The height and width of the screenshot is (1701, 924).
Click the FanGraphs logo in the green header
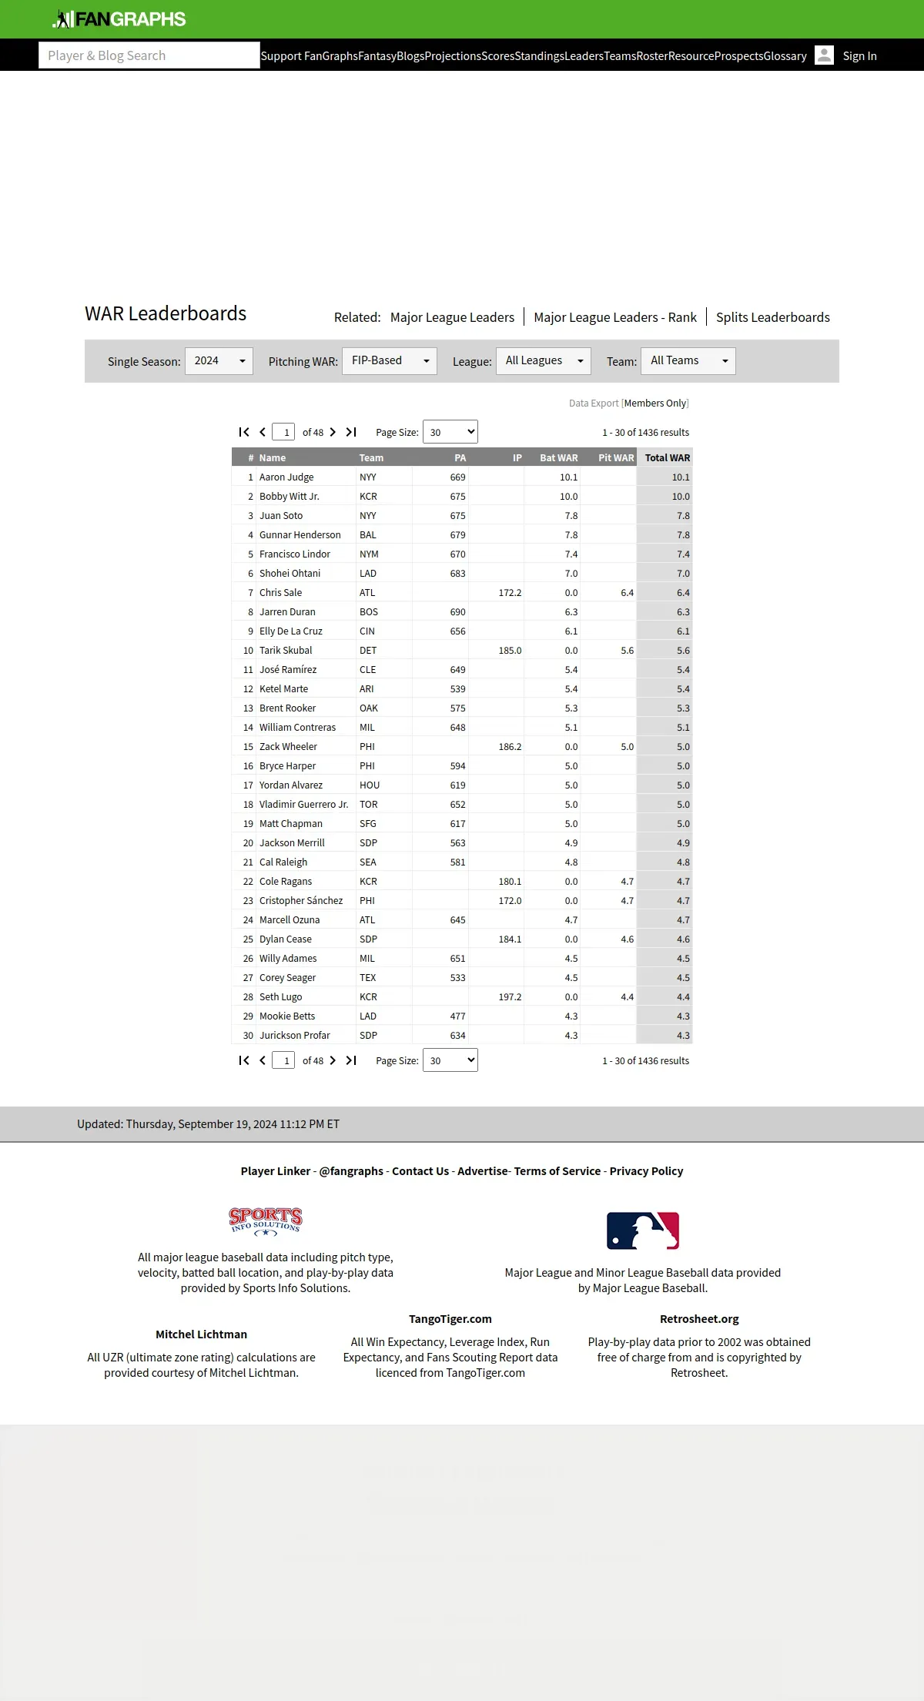tap(119, 19)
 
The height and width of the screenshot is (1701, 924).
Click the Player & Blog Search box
tap(149, 55)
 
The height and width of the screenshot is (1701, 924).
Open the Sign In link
tap(859, 56)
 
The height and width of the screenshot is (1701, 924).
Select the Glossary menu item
tap(785, 56)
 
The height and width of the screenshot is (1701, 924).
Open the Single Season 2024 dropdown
tap(219, 361)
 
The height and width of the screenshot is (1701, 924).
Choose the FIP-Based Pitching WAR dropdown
tap(389, 361)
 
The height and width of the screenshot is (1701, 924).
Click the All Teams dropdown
tap(688, 361)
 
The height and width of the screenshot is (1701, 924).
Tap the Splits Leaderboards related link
tap(772, 317)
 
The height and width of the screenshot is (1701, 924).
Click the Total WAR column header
tap(667, 457)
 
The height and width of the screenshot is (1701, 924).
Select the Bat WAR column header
tap(558, 457)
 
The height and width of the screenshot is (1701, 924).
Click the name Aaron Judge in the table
tap(286, 477)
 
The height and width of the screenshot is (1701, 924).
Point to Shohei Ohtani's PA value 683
tap(457, 574)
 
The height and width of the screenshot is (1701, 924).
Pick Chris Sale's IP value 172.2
tap(510, 593)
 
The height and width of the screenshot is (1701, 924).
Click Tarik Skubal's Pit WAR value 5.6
tap(627, 651)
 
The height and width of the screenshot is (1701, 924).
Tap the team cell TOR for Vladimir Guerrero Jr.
tap(369, 805)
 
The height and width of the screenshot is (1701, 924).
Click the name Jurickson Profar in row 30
tap(294, 1036)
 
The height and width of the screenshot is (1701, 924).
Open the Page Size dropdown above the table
tap(450, 432)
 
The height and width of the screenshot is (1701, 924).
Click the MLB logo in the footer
tap(643, 1231)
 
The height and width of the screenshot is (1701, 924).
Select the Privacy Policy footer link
tap(646, 1171)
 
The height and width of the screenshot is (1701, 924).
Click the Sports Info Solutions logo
tap(266, 1221)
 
